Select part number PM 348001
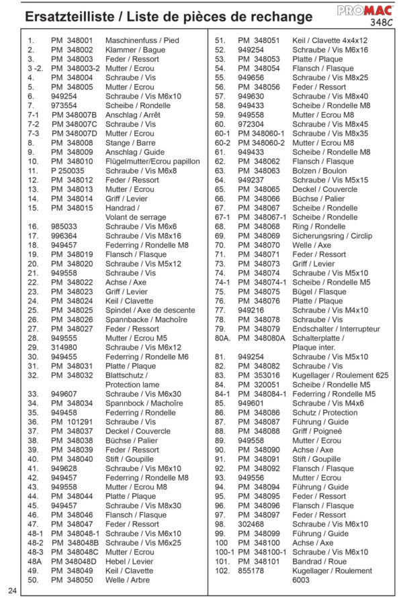71,41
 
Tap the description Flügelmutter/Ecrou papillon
152,162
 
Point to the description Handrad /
122,208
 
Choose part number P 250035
68,171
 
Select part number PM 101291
72,421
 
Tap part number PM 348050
71,579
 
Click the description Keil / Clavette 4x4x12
330,41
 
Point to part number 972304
251,124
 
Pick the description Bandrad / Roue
319,561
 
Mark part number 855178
251,570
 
